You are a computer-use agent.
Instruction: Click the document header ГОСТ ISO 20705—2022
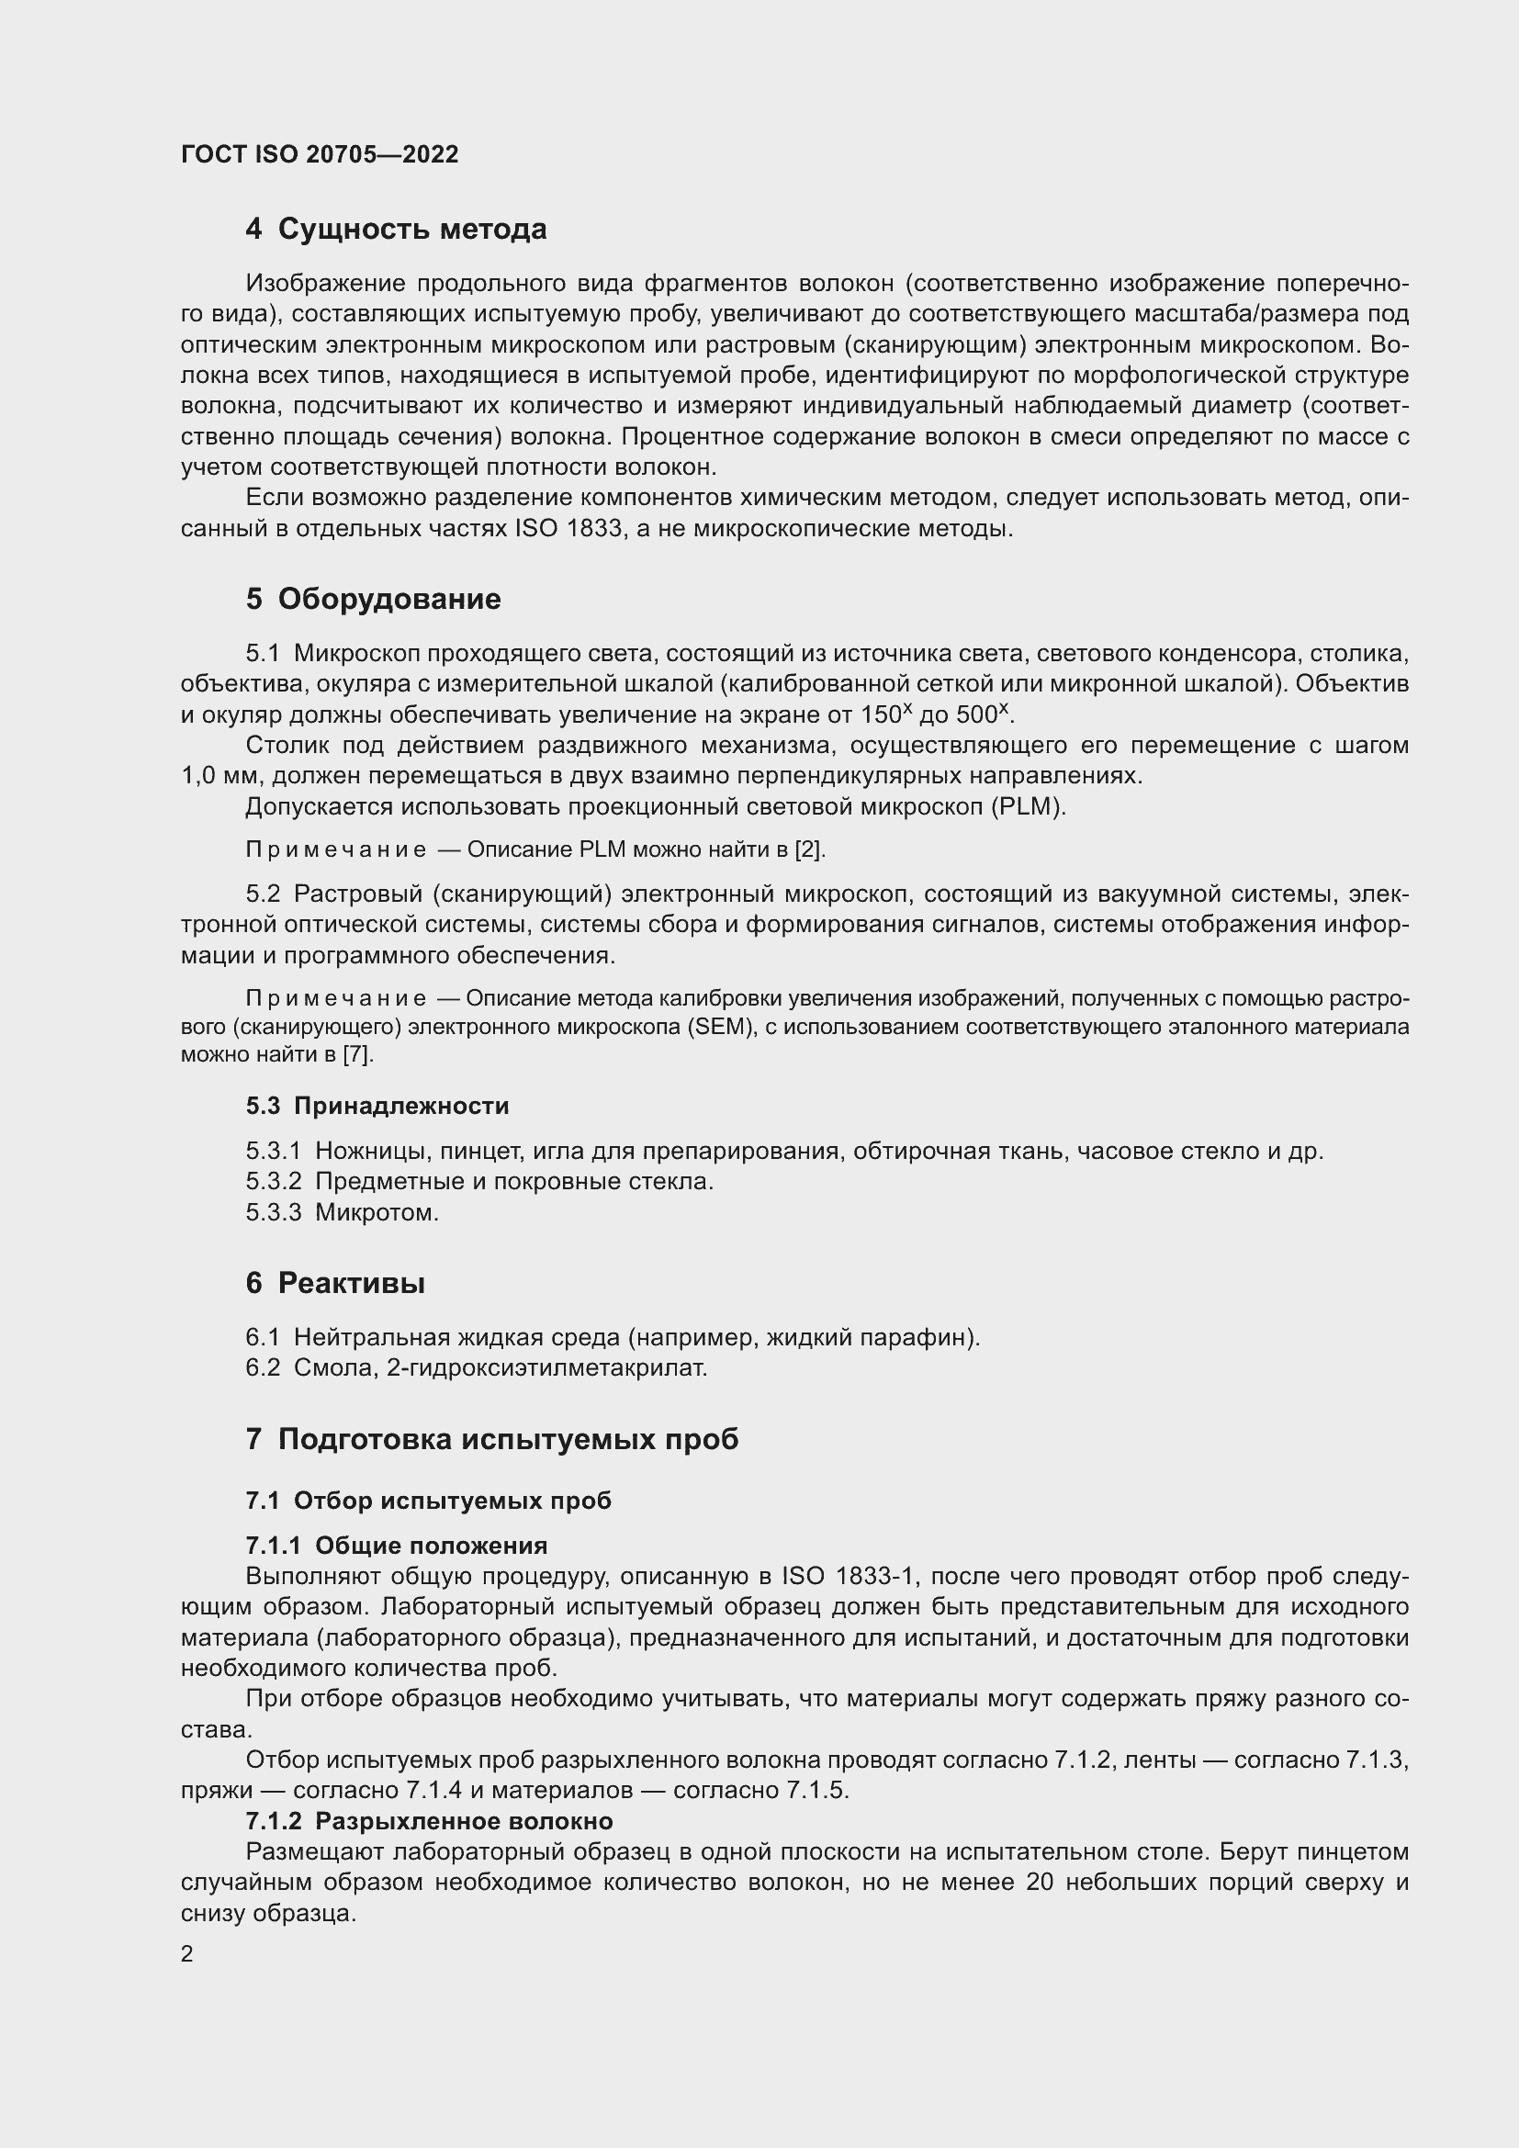(320, 154)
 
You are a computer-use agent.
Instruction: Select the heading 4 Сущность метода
(396, 230)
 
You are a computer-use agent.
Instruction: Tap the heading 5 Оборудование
(373, 599)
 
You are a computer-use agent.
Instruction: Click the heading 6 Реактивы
(335, 1283)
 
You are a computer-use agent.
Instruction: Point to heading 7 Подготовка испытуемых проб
(492, 1438)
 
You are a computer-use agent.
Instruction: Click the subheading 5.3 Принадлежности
(377, 1106)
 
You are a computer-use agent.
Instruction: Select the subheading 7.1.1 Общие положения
(397, 1545)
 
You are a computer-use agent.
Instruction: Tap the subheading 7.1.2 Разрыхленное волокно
(429, 1820)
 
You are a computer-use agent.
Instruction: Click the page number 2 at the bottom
(187, 1953)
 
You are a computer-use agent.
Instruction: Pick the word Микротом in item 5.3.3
(376, 1212)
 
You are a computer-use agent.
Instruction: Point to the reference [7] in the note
(357, 1054)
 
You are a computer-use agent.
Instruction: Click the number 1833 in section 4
(594, 529)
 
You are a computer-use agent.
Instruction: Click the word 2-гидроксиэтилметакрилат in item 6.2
(546, 1367)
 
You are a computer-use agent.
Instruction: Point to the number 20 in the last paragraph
(1040, 1882)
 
